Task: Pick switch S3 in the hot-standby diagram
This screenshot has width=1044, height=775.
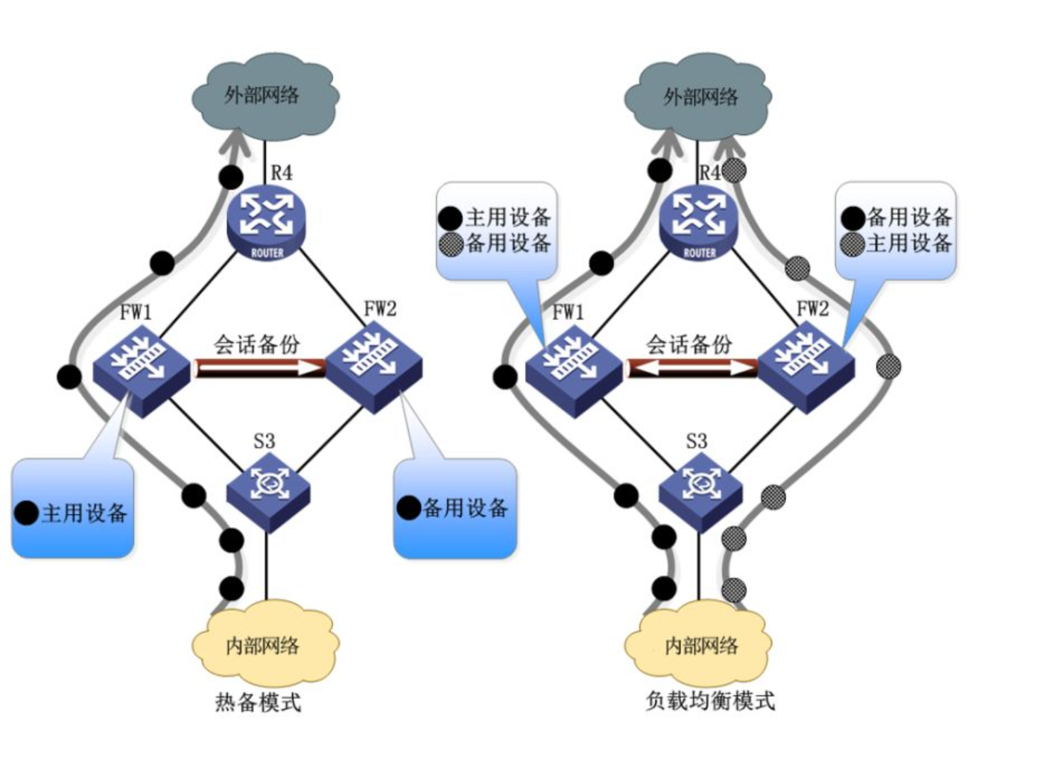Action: [x=268, y=489]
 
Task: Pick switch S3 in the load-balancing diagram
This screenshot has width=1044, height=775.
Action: [x=700, y=489]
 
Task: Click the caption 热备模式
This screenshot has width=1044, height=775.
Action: [x=258, y=703]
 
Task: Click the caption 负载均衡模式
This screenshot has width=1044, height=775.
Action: [x=710, y=701]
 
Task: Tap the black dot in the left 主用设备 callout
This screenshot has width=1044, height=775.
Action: [x=27, y=513]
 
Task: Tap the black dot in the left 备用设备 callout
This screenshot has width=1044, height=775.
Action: [x=408, y=507]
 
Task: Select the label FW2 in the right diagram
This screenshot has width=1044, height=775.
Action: [x=812, y=309]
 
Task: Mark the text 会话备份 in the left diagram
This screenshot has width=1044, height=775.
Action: [x=256, y=344]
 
